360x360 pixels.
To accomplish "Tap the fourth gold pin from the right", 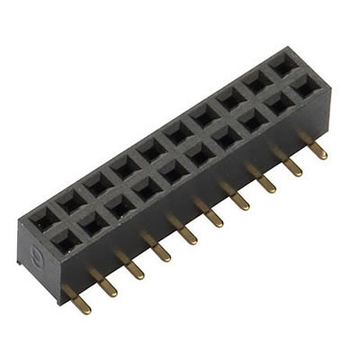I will pos(242,194).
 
